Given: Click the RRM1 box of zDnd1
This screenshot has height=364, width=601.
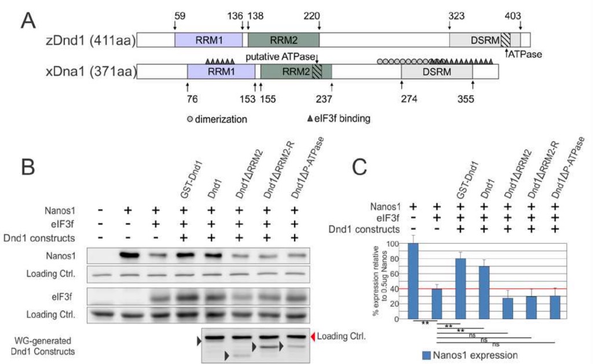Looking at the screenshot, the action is click(x=208, y=40).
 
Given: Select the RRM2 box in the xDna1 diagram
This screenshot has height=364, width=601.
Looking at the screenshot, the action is click(x=296, y=72).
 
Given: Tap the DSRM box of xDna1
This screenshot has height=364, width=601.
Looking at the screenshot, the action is click(x=437, y=72).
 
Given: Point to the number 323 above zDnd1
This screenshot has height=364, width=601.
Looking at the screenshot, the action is click(x=456, y=16).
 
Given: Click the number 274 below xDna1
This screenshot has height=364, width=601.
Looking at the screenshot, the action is click(x=409, y=99).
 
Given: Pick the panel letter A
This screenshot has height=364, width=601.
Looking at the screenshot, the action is click(x=28, y=21).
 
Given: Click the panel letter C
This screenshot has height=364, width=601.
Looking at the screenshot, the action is click(x=359, y=167).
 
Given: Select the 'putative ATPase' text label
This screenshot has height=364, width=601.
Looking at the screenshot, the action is click(x=280, y=57).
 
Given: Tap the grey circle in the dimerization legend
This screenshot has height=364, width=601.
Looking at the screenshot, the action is click(x=190, y=119).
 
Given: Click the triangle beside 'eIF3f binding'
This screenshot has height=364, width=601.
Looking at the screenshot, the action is click(x=310, y=119).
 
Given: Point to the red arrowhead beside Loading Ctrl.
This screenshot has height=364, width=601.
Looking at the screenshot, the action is click(x=313, y=337).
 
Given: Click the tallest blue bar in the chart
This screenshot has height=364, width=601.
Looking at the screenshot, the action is click(x=413, y=281).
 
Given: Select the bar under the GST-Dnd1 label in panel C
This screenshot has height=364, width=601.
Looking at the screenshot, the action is click(x=460, y=289).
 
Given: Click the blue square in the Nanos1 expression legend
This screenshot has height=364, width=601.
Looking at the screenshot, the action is click(x=426, y=355).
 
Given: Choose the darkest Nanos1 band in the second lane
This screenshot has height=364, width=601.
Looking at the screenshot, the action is click(x=129, y=255).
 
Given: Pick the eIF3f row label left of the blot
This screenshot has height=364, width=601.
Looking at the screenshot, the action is click(x=62, y=296).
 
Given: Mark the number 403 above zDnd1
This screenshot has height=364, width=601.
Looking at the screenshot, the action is click(x=512, y=16).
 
